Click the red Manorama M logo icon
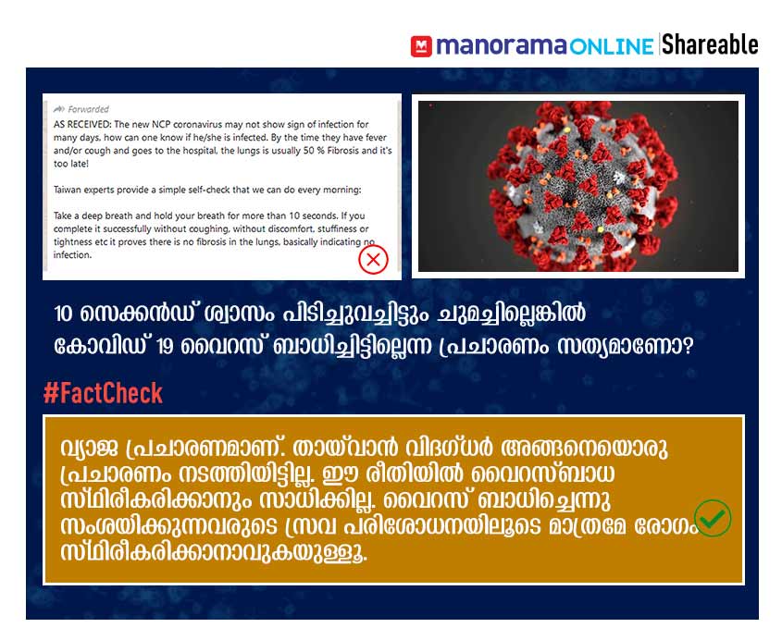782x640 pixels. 421,46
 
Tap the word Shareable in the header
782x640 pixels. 710,44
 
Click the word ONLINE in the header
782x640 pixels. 612,47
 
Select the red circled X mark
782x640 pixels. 373,259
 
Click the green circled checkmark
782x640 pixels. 714,518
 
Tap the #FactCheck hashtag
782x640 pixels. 104,393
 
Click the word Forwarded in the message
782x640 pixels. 88,109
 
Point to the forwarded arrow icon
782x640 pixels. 59,108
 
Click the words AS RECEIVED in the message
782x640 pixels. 82,124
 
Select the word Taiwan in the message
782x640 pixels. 67,190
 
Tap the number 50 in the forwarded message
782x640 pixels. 309,150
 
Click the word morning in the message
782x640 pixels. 341,190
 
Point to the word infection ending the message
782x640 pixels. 72,254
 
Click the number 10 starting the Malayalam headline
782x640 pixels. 63,314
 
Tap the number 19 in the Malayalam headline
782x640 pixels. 165,347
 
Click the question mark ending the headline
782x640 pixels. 689,345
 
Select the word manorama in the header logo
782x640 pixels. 502,46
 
